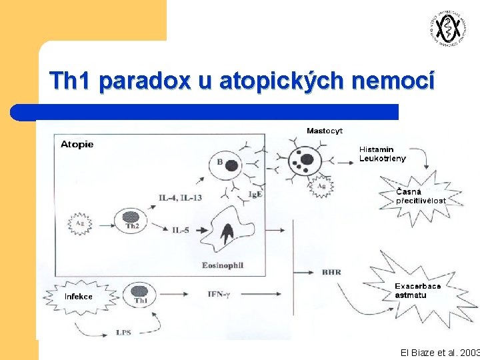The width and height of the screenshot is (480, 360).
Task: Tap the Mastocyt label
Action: pos(325,131)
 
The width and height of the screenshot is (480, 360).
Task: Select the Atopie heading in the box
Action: pos(77,144)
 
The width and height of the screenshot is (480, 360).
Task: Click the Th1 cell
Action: pos(140,293)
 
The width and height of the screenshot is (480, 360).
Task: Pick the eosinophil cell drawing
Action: pos(225,231)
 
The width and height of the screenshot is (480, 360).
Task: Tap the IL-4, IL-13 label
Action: pos(179,198)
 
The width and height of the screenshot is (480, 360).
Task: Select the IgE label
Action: pos(255,194)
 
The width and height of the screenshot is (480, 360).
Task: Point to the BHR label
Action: pos(331,273)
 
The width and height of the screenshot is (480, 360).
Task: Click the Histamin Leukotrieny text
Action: pos(382,154)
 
